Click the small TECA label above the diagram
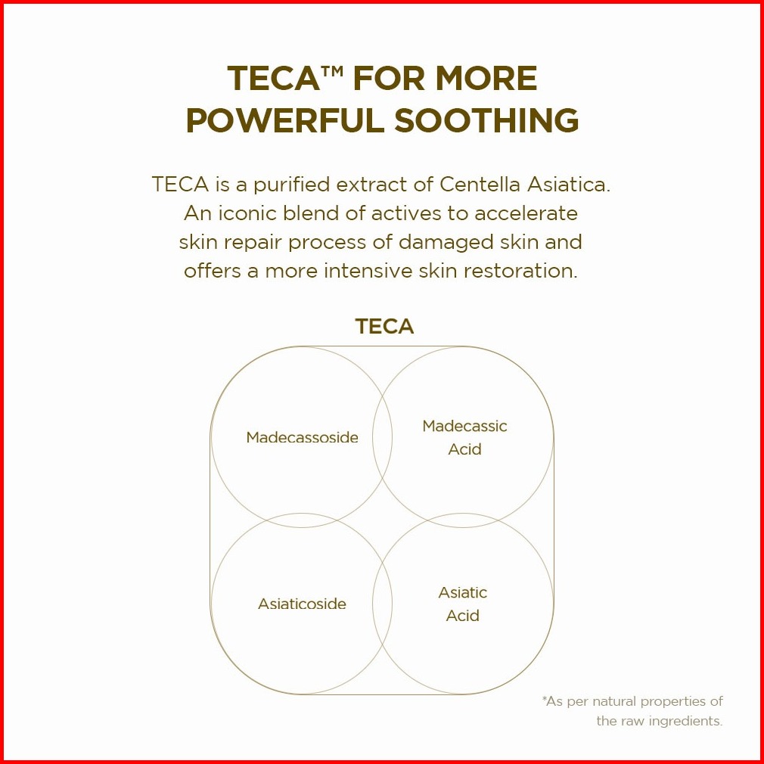[384, 327]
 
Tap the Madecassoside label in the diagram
[302, 437]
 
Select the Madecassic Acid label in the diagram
[464, 437]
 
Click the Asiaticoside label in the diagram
[302, 604]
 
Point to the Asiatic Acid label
[463, 604]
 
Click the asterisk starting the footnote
[545, 700]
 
